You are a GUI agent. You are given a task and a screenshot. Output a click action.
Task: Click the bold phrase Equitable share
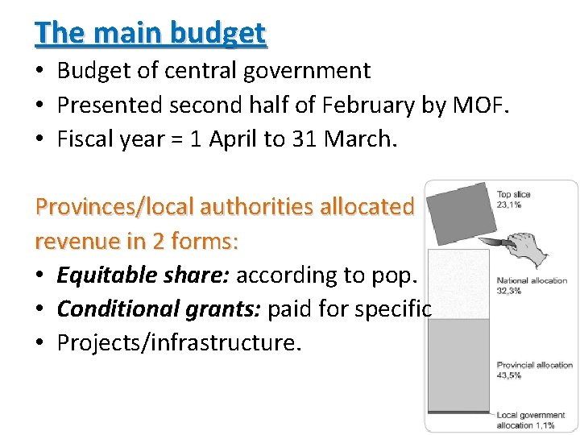(143, 275)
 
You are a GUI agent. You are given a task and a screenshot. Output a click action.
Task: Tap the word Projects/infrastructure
(179, 343)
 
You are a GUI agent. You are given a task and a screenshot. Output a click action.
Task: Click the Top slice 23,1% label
(513, 200)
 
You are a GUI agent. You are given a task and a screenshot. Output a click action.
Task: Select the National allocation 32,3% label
(532, 285)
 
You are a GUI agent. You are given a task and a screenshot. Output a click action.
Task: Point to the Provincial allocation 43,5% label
(534, 370)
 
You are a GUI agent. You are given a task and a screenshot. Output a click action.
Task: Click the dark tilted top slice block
(458, 213)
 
